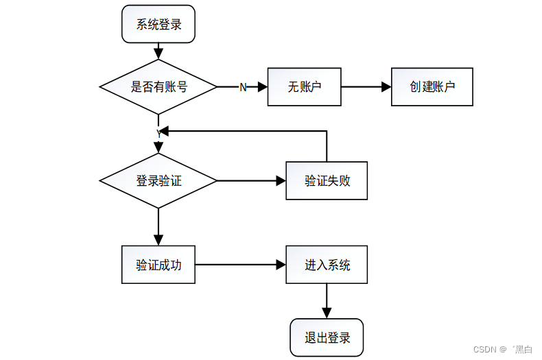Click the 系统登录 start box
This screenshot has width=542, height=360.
(158, 24)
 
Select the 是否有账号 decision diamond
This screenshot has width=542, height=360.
(158, 87)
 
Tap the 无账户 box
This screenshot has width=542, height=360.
(304, 87)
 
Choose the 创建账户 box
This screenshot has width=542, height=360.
(432, 87)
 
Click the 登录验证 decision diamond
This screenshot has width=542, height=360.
(158, 181)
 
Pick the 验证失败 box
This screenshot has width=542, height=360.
(327, 181)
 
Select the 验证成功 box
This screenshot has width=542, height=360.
(158, 265)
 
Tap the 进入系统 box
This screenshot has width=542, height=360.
(327, 265)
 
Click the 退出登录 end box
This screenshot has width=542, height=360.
(327, 337)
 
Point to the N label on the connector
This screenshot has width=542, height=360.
(243, 87)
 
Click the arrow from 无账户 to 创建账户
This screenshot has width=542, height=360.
(366, 87)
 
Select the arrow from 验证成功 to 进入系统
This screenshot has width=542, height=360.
(240, 265)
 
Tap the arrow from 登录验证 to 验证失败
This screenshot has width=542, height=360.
(251, 181)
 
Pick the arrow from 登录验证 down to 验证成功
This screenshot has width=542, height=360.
(158, 226)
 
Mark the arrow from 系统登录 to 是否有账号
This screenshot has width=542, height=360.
(158, 51)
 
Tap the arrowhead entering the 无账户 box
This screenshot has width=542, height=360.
(262, 87)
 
